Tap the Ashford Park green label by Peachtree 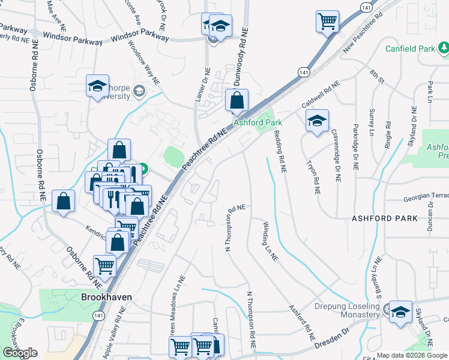tap(258, 122)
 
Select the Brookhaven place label tap(106, 297)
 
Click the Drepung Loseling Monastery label tap(348, 311)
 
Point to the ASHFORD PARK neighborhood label tap(385, 219)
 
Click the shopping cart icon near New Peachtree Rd tap(328, 22)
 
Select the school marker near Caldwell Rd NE tap(317, 121)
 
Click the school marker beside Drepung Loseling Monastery tap(400, 312)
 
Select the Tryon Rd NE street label tap(313, 177)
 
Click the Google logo tap(20, 353)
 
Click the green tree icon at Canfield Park tap(442, 46)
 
